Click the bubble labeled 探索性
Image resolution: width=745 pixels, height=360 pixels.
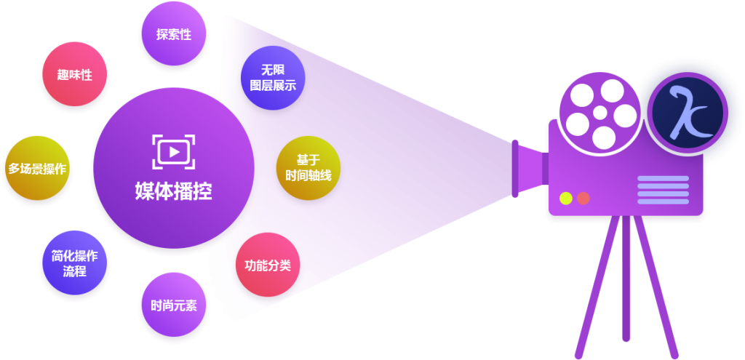(x=173, y=34)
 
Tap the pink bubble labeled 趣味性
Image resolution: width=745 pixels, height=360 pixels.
(x=74, y=74)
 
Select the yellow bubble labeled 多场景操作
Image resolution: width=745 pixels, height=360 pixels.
(x=37, y=169)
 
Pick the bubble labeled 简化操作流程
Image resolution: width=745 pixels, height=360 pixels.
(x=74, y=263)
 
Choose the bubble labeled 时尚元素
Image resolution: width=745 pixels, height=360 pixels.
(x=173, y=305)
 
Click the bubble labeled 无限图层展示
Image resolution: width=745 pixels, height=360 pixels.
(x=273, y=79)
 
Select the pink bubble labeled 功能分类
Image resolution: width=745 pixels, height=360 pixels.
(x=268, y=265)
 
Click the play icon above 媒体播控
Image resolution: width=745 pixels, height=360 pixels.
(x=173, y=151)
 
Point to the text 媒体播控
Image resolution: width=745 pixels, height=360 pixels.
(x=173, y=191)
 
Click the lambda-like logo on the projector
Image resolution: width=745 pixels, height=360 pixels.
(x=687, y=113)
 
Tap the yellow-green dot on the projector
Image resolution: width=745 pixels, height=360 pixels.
(x=565, y=198)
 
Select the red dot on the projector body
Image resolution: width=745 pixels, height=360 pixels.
(x=583, y=198)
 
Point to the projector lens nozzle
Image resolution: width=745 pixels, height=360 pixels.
(x=527, y=168)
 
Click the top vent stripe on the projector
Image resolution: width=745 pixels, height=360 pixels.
(x=663, y=178)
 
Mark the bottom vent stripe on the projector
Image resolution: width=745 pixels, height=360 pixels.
(x=663, y=201)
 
